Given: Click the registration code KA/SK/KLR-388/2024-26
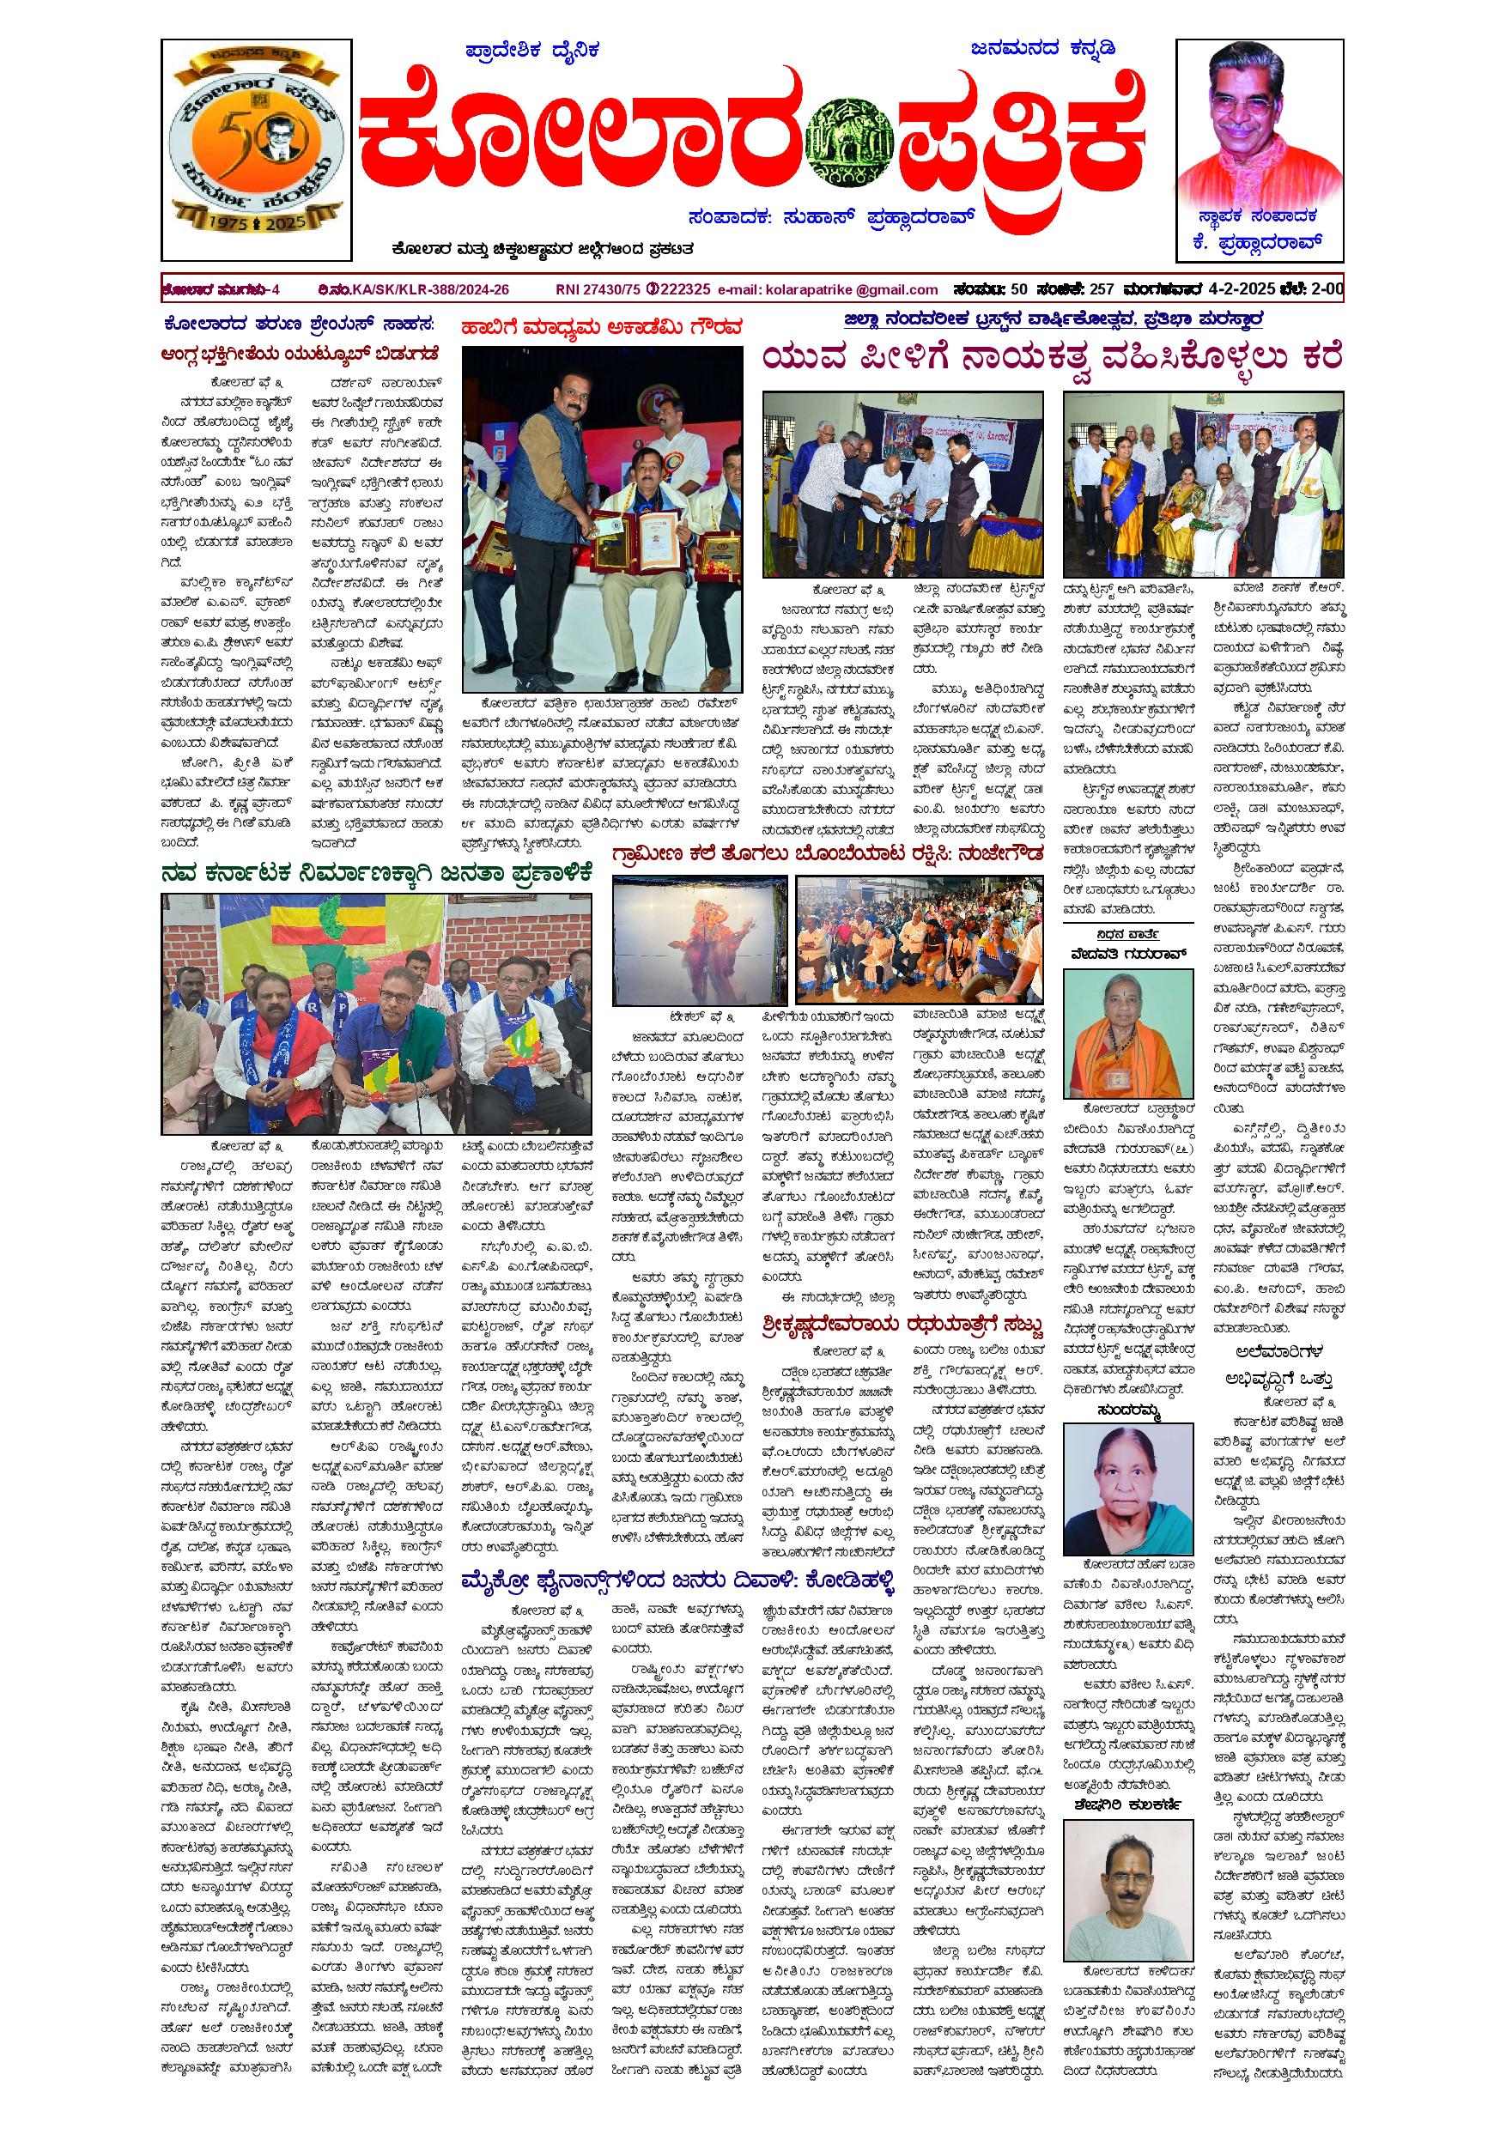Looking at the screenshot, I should click(x=429, y=289).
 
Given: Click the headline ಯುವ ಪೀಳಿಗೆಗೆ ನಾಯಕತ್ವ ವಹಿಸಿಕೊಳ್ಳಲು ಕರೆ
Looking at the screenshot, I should click(x=1053, y=359).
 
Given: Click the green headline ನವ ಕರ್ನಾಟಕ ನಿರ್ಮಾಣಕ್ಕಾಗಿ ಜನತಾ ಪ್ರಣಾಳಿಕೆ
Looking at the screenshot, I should click(x=375, y=873).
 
